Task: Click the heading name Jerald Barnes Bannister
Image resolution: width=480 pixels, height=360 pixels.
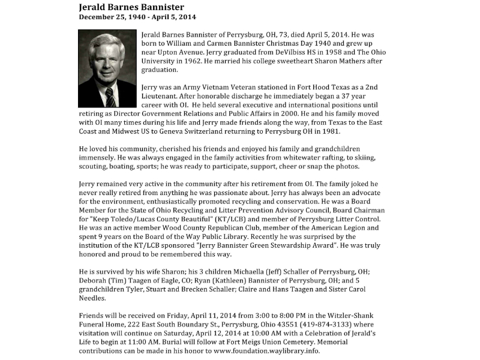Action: coord(131,7)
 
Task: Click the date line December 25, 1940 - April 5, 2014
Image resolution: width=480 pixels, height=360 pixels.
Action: coord(137,17)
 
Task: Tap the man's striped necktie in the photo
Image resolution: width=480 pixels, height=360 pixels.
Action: coord(110,96)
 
